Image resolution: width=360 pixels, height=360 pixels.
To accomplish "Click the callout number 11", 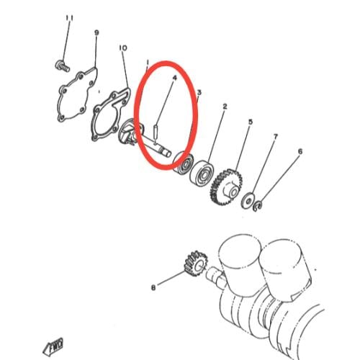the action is click(70, 18).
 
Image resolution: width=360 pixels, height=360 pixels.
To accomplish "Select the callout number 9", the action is click(96, 32).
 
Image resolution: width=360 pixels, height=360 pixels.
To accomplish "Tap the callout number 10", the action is click(123, 48).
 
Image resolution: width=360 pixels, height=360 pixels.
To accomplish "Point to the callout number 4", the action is click(174, 78).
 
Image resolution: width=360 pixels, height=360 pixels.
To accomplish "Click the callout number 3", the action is click(199, 92).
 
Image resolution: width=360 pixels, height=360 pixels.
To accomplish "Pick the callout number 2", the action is click(225, 107).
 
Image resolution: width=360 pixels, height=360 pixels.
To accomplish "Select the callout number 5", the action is click(251, 122).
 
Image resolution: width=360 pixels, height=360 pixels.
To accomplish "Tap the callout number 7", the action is click(276, 137).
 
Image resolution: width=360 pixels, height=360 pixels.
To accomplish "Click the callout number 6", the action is click(300, 151).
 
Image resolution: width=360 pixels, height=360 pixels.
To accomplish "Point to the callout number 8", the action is click(153, 287).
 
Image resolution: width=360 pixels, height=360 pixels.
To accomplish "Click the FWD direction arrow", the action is click(53, 346).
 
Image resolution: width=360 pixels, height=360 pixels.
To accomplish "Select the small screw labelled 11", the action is click(62, 66).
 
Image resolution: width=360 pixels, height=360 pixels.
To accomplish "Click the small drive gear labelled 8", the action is click(195, 264).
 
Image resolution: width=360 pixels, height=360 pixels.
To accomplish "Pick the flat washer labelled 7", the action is click(248, 200).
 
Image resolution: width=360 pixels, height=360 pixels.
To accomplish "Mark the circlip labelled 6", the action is click(258, 207).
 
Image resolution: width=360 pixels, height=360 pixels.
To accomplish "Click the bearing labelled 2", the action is click(202, 174).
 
